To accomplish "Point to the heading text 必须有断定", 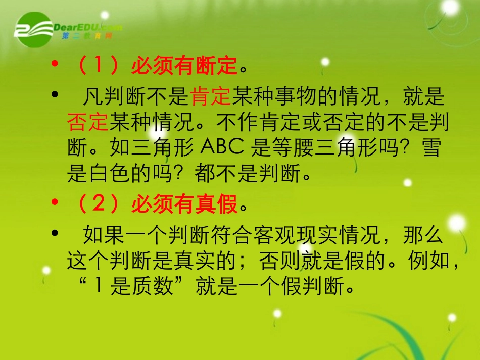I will (x=184, y=66).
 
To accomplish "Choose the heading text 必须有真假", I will (x=184, y=205).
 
